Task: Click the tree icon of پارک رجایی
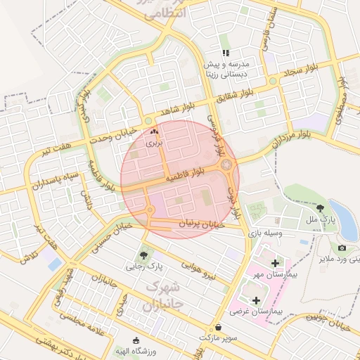(144, 255)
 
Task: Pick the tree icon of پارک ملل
(321, 207)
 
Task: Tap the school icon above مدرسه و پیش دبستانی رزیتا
(225, 53)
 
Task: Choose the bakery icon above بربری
(154, 131)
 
